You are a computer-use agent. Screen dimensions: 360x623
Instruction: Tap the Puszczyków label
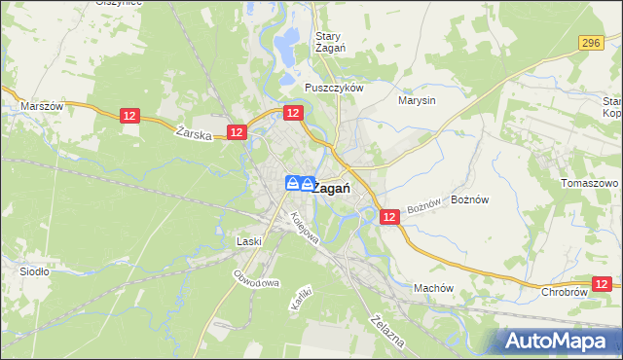(x=333, y=87)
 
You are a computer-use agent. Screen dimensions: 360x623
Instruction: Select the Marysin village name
(x=418, y=99)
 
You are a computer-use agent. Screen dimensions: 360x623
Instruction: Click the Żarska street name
(x=195, y=135)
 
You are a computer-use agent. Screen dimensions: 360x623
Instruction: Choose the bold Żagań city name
(x=333, y=189)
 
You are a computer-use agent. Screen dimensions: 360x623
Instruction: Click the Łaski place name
(x=250, y=240)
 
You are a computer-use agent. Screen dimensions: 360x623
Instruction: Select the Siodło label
(x=35, y=271)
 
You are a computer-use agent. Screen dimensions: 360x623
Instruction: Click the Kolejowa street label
(x=305, y=233)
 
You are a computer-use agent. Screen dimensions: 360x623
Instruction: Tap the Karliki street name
(x=300, y=298)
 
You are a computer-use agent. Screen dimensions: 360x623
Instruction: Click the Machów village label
(x=434, y=288)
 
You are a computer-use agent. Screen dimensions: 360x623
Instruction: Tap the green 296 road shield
(x=591, y=43)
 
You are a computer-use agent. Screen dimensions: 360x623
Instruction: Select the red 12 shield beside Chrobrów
(x=604, y=284)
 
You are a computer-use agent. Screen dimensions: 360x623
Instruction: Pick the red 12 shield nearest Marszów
(x=131, y=116)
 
